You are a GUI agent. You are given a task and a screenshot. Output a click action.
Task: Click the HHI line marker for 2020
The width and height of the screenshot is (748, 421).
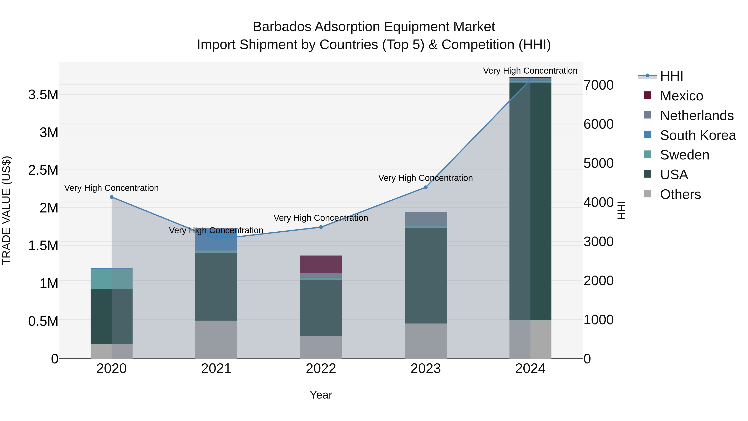112,197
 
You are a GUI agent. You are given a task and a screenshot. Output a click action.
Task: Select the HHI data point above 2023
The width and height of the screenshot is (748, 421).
426,187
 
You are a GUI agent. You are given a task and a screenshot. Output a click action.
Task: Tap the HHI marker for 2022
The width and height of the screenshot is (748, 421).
321,227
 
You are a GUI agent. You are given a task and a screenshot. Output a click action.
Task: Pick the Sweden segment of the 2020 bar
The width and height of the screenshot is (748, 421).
112,279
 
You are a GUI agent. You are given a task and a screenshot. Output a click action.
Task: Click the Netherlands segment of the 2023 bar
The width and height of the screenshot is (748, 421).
426,219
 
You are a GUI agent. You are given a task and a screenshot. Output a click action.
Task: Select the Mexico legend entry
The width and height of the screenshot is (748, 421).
681,96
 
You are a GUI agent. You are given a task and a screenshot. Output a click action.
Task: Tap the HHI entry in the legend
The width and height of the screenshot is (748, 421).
671,76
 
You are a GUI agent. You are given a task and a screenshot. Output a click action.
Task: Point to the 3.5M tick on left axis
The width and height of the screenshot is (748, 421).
43,95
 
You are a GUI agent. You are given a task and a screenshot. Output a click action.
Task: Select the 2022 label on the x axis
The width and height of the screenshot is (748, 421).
321,369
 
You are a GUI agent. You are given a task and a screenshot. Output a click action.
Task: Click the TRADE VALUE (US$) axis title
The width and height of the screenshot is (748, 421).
6,210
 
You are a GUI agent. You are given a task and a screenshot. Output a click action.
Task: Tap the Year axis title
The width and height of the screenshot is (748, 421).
321,395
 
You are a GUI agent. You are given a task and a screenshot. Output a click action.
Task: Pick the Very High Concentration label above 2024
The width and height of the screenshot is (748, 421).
530,71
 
